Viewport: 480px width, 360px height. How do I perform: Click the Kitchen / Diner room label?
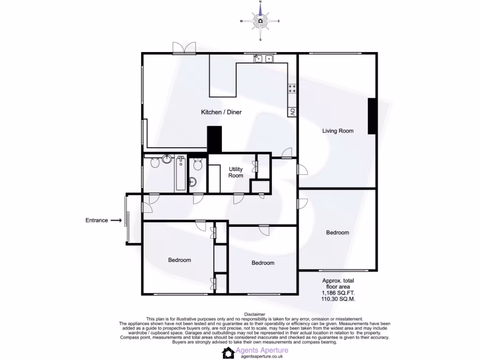(221, 112)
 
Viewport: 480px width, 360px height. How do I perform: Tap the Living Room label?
(337, 131)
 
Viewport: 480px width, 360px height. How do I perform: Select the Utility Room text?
(236, 172)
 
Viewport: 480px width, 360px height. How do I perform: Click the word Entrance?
(97, 220)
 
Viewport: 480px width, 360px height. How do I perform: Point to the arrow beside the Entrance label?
(116, 220)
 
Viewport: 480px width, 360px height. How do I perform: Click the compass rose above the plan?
(260, 21)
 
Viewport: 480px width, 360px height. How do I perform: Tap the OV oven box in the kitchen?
(292, 112)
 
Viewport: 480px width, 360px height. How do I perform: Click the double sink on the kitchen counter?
(263, 59)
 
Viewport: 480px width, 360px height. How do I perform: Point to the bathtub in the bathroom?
(180, 173)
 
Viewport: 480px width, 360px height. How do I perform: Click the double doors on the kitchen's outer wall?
(183, 48)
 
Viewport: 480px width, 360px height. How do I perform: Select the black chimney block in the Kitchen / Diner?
(214, 139)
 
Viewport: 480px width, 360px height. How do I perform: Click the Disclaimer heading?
(255, 314)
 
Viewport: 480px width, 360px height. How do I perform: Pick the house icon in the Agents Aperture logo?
(228, 352)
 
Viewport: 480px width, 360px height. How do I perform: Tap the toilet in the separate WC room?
(197, 164)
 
